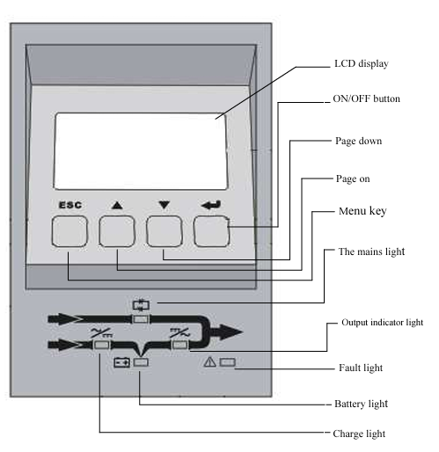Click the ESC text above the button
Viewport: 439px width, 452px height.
pyautogui.click(x=70, y=205)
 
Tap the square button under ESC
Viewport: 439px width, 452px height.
pyautogui.click(x=70, y=231)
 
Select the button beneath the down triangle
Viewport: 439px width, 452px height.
pyautogui.click(x=165, y=231)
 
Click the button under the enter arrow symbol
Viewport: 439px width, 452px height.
pyautogui.click(x=211, y=231)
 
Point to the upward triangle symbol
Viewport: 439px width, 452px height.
pyautogui.click(x=117, y=205)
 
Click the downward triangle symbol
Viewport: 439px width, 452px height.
pyautogui.click(x=165, y=205)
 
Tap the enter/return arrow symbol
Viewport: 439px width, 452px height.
pyautogui.click(x=211, y=205)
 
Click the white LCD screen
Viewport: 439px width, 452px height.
pyautogui.click(x=141, y=151)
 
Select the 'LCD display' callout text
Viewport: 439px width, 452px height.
pyautogui.click(x=362, y=63)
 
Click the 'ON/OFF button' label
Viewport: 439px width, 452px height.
pyautogui.click(x=366, y=98)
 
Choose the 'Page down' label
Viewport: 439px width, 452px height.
pyautogui.click(x=359, y=141)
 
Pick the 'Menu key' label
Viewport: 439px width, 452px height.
pyautogui.click(x=362, y=211)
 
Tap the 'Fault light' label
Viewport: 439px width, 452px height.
pyautogui.click(x=361, y=368)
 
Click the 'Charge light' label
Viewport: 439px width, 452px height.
pyautogui.click(x=359, y=434)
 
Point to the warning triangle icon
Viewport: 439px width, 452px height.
pyautogui.click(x=209, y=361)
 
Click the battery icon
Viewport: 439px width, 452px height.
pyautogui.click(x=121, y=362)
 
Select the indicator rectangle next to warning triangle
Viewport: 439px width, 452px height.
pyautogui.click(x=228, y=362)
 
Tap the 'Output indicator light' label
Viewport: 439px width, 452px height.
pyautogui.click(x=382, y=323)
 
